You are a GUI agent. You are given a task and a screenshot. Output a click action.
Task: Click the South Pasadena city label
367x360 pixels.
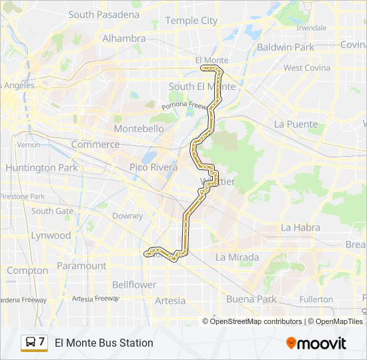(x=104, y=14)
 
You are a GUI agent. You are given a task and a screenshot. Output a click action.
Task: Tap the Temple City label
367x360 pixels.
(x=191, y=21)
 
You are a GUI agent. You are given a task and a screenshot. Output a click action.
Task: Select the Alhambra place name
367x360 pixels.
(x=123, y=39)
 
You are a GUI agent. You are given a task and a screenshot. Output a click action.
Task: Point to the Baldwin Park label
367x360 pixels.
(x=285, y=47)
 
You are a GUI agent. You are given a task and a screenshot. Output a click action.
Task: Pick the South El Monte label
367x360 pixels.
(x=202, y=87)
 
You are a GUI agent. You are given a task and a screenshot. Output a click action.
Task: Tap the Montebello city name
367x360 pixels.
(x=139, y=128)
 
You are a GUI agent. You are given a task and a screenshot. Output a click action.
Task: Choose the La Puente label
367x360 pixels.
(x=296, y=124)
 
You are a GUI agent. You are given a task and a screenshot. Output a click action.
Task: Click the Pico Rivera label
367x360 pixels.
(x=153, y=167)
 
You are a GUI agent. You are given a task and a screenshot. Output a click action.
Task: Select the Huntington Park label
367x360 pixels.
(x=41, y=168)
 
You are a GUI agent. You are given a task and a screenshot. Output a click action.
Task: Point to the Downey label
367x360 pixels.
(x=127, y=216)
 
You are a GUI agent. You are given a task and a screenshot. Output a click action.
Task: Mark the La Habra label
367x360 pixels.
(x=300, y=227)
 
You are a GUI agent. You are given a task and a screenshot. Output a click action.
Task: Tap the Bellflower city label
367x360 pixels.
(x=133, y=285)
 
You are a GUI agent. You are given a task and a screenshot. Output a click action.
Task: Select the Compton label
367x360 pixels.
(x=27, y=271)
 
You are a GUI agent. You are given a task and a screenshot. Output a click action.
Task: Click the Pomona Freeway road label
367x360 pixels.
(x=185, y=105)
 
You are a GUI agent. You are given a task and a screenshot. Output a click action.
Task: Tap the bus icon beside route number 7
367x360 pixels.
(x=31, y=343)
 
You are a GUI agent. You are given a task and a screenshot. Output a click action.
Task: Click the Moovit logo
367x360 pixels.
(x=316, y=343)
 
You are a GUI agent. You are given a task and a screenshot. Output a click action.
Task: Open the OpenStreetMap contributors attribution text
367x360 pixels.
(x=256, y=321)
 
